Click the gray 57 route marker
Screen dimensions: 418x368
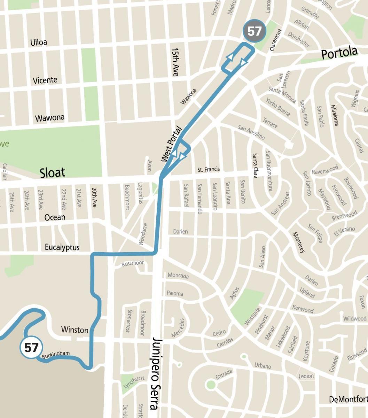click(x=255, y=31)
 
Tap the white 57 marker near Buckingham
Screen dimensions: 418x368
click(x=31, y=348)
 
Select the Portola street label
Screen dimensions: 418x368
click(x=339, y=53)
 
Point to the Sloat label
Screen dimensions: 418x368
click(x=52, y=172)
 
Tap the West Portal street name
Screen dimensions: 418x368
click(x=172, y=144)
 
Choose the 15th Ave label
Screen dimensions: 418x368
click(x=175, y=62)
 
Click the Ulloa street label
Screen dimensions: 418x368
click(x=39, y=42)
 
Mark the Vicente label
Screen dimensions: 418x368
click(x=45, y=80)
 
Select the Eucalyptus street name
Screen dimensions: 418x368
click(x=62, y=247)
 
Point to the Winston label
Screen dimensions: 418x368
click(x=75, y=330)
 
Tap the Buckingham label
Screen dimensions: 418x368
click(x=56, y=354)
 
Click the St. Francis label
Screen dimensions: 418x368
click(x=209, y=170)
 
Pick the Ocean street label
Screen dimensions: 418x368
click(x=55, y=217)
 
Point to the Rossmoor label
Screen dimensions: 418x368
click(x=133, y=264)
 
